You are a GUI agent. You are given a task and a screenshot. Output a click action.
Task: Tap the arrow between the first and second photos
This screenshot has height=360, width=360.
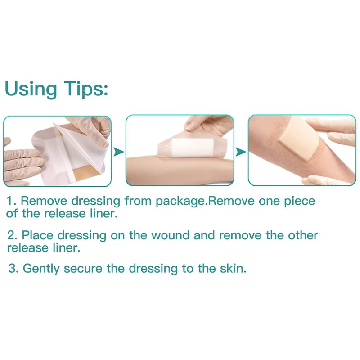coord(119,152)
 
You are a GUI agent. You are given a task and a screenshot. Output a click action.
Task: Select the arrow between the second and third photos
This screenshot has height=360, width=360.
coord(241,152)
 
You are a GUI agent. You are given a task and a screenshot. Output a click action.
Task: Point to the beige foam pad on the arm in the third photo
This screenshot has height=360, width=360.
coord(299,138)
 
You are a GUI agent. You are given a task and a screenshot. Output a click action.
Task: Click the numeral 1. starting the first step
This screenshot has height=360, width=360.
coord(12,201)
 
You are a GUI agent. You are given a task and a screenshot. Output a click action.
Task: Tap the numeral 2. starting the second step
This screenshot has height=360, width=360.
coord(12,235)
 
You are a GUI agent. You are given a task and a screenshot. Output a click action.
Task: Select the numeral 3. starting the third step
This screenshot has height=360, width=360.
coord(13,268)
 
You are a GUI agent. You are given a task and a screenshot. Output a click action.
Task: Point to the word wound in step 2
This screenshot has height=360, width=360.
coord(170,235)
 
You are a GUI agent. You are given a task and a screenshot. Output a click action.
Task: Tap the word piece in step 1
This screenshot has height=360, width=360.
coord(300,202)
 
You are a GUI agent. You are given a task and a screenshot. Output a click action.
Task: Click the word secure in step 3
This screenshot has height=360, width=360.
coord(83,269)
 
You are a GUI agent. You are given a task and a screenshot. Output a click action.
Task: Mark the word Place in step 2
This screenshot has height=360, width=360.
coord(37,235)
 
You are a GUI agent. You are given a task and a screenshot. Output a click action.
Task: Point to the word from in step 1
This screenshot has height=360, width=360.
coord(138,201)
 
